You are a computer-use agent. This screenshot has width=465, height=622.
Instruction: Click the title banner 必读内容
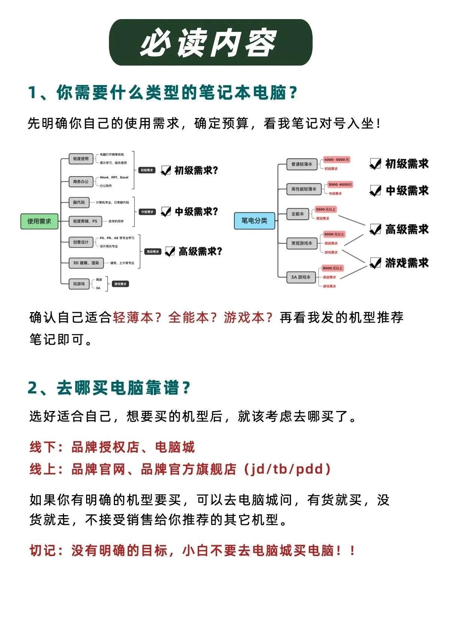coord(210,42)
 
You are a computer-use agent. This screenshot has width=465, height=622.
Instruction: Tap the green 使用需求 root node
coord(39,221)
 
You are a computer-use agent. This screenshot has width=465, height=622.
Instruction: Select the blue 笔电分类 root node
coord(254,220)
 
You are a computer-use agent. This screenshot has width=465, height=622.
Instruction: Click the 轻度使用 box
coord(81,158)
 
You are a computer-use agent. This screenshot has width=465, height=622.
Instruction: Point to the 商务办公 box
coord(81,182)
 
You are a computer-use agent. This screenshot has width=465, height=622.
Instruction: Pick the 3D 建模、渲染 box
coord(86,263)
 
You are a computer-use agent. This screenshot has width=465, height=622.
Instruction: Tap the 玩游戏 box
coord(79,284)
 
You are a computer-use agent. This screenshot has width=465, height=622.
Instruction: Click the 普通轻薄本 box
coord(301,164)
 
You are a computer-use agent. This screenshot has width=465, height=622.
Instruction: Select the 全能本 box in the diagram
coord(298,214)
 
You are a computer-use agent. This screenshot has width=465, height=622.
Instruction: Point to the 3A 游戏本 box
coord(301,277)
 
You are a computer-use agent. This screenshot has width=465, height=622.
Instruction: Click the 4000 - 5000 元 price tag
coord(336,160)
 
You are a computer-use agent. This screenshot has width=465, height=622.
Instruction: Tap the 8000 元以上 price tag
coord(332,268)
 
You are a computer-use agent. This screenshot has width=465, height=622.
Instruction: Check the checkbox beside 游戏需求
coord(375,263)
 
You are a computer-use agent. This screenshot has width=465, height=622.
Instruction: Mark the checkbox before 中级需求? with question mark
coord(165,212)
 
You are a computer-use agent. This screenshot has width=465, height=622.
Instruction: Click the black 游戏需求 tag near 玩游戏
coord(121,284)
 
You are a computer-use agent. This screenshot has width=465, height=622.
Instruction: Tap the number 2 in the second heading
coord(33,388)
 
